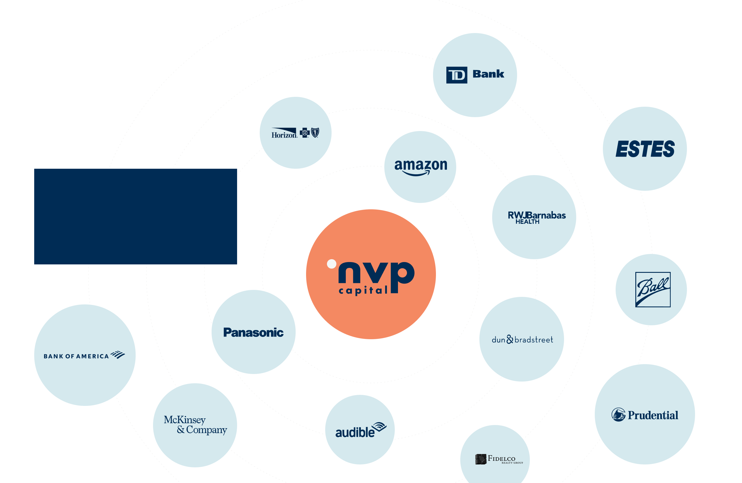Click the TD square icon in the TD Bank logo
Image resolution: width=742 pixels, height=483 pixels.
pyautogui.click(x=457, y=75)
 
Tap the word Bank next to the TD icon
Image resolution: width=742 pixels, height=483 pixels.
pyautogui.click(x=488, y=74)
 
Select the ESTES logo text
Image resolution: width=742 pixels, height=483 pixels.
pyautogui.click(x=645, y=149)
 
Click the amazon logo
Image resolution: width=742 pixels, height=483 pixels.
pyautogui.click(x=421, y=167)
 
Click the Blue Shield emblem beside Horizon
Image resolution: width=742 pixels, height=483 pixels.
pyautogui.click(x=315, y=132)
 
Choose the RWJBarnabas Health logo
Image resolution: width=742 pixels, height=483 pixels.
pyautogui.click(x=536, y=217)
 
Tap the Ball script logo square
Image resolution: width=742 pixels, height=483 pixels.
pyautogui.click(x=653, y=289)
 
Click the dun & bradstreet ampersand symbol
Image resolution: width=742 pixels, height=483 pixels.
pyautogui.click(x=510, y=339)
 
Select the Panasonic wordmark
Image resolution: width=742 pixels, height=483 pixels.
pyautogui.click(x=253, y=333)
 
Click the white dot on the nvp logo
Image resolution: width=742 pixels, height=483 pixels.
pyautogui.click(x=331, y=264)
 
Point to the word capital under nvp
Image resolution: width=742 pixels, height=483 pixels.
pyautogui.click(x=363, y=290)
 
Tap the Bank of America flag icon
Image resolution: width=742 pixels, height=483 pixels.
pyautogui.click(x=118, y=355)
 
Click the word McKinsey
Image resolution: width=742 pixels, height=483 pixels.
pyautogui.click(x=185, y=420)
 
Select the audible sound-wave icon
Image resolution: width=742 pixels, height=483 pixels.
pyautogui.click(x=379, y=426)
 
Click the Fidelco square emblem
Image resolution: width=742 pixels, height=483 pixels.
pyautogui.click(x=481, y=459)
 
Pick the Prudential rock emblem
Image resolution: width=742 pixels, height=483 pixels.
pyautogui.click(x=618, y=415)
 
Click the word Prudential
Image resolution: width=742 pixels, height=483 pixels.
pyautogui.click(x=653, y=415)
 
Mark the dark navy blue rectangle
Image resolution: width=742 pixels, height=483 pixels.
pyautogui.click(x=135, y=216)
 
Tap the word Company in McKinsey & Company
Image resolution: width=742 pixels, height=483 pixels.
pyautogui.click(x=206, y=430)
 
